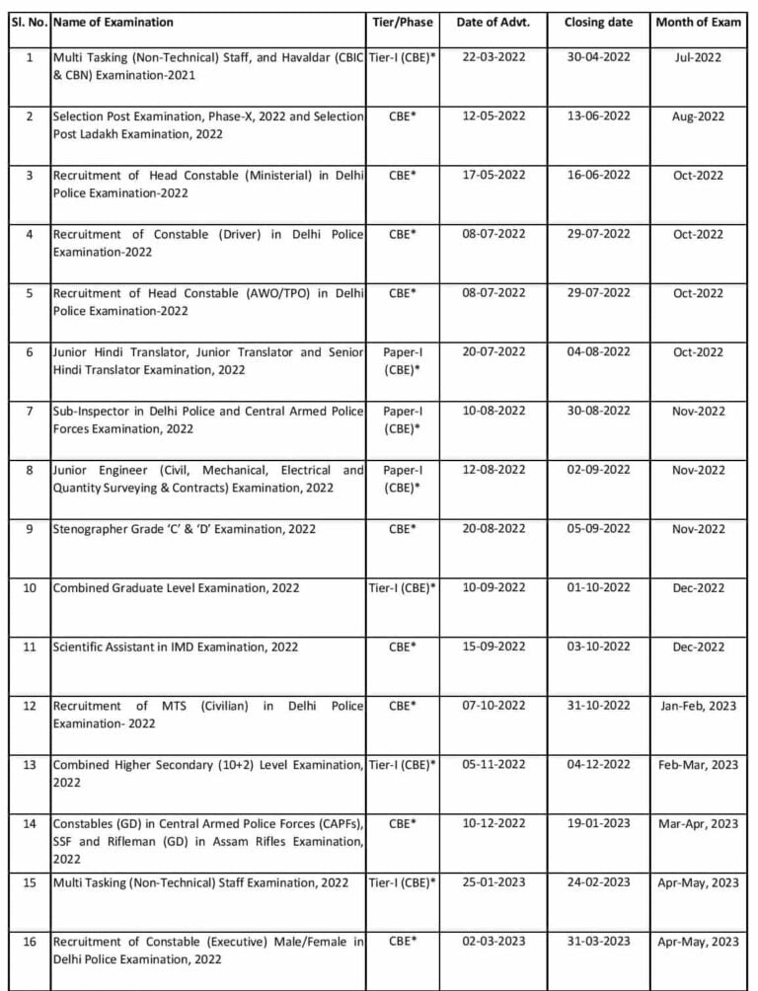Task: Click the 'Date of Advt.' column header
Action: click(x=493, y=22)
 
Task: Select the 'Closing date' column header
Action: click(x=597, y=22)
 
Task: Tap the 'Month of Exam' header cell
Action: click(x=699, y=22)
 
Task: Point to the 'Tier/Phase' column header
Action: click(x=401, y=22)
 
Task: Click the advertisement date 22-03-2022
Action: click(x=493, y=57)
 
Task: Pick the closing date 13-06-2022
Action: click(x=597, y=116)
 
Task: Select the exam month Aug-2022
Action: click(x=699, y=116)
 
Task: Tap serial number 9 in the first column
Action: click(x=29, y=529)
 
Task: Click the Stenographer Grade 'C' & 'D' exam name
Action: click(x=185, y=529)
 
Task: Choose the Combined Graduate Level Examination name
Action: click(x=176, y=588)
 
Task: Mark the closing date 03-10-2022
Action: click(x=597, y=648)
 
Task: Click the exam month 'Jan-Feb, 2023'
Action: click(x=699, y=706)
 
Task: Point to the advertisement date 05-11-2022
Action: click(x=493, y=765)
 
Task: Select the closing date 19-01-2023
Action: click(x=597, y=823)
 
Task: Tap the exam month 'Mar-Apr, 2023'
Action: click(x=699, y=823)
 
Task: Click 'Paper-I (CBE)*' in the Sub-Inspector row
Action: click(x=401, y=419)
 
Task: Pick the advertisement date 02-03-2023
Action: click(x=493, y=942)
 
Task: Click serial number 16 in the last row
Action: click(x=29, y=942)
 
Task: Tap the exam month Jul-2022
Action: click(x=699, y=57)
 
